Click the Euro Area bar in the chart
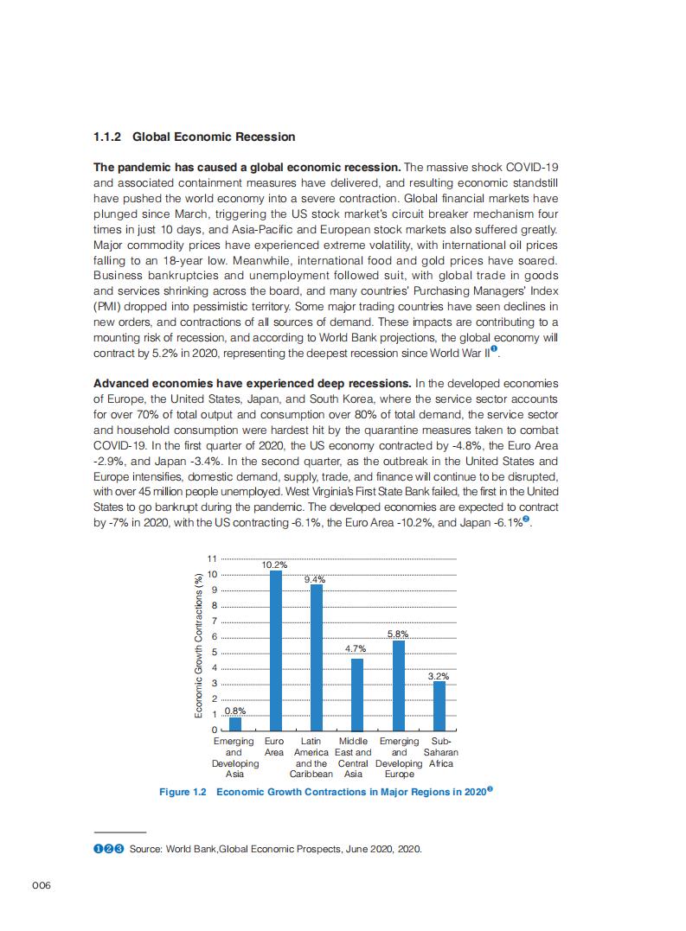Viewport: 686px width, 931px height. [x=276, y=650]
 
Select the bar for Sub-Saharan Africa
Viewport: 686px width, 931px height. [x=439, y=705]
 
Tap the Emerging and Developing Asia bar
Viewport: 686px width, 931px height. [x=235, y=724]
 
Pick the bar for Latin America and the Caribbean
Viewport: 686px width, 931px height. [x=317, y=657]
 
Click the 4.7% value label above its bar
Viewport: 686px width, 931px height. [x=356, y=648]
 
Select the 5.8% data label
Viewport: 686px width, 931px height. [x=398, y=634]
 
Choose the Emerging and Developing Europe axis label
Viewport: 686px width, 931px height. [x=399, y=758]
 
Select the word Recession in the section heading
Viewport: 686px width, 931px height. [x=267, y=137]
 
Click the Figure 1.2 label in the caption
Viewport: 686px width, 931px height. [x=183, y=793]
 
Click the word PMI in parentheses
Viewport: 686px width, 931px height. [x=106, y=306]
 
